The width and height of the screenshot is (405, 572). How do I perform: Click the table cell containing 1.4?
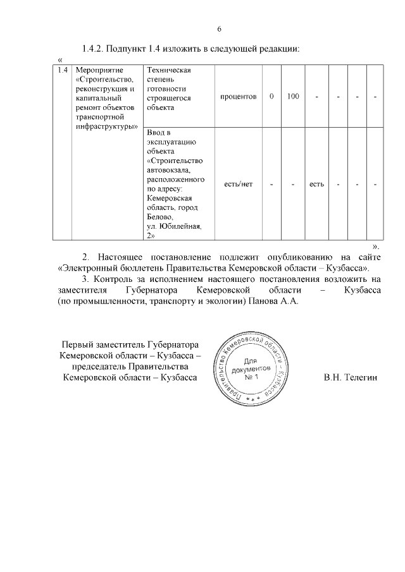click(x=62, y=70)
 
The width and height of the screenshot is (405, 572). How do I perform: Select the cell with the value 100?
click(x=292, y=97)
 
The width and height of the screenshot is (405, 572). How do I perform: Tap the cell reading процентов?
click(x=239, y=97)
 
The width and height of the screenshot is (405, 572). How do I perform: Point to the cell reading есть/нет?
click(x=239, y=184)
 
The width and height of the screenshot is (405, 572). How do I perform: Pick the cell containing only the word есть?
click(x=316, y=184)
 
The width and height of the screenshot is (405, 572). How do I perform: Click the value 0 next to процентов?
click(x=271, y=97)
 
